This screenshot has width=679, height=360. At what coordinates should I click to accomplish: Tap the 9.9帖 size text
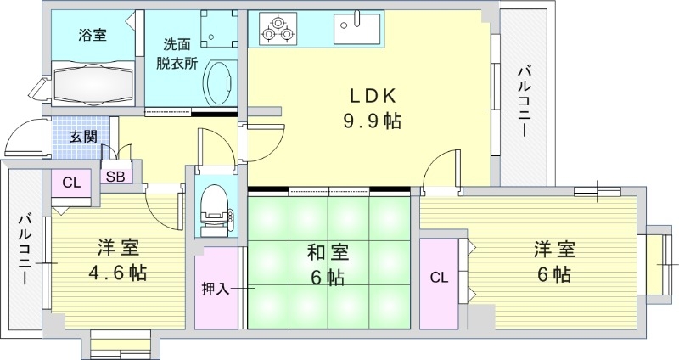pyautogui.click(x=372, y=121)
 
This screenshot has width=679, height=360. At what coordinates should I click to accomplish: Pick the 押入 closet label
pyautogui.click(x=216, y=289)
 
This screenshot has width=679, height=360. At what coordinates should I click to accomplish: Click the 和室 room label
pyautogui.click(x=326, y=252)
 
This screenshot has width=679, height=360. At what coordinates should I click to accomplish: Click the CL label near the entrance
pyautogui.click(x=71, y=181)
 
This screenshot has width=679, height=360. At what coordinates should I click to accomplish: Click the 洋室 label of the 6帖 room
pyautogui.click(x=555, y=250)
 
